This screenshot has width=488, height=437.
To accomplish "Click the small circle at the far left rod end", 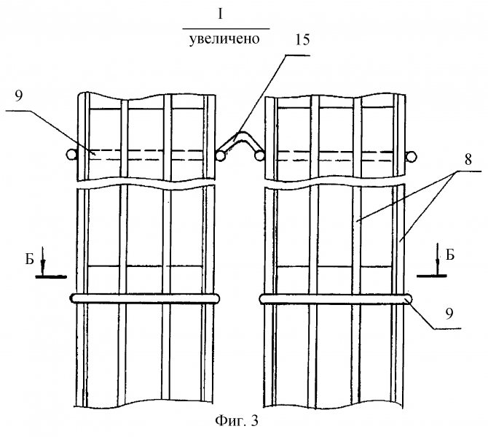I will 71,155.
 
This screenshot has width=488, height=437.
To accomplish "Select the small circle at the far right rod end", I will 412,155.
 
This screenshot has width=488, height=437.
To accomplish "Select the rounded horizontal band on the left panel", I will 146,298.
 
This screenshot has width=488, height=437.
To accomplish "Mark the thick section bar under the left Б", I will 51,276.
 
